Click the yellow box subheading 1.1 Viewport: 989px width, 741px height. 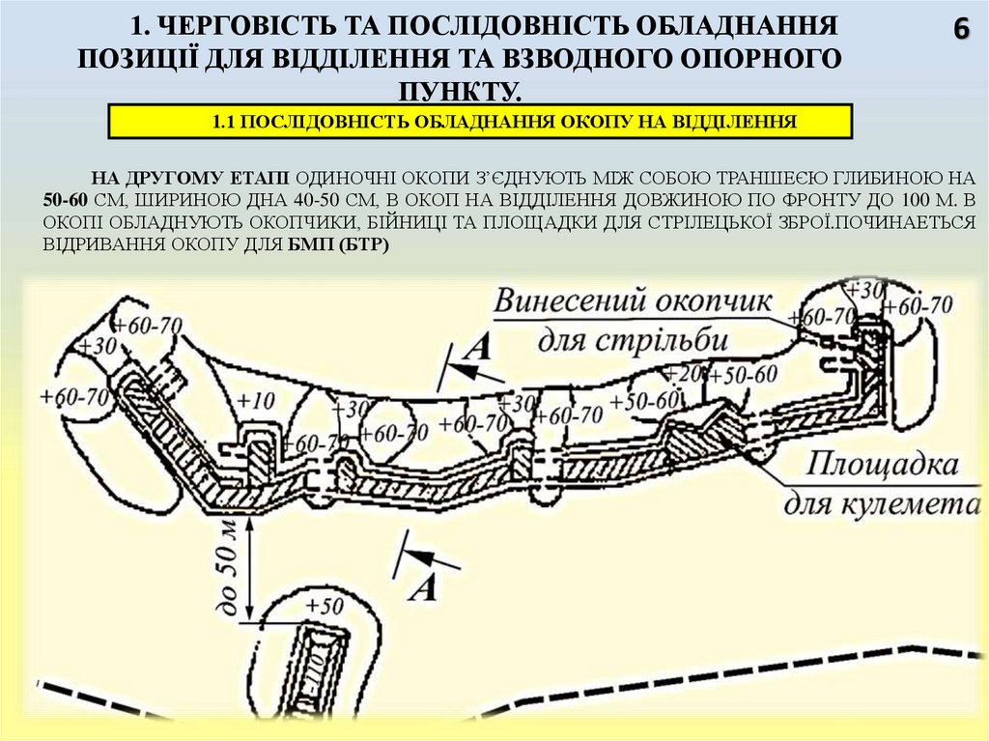480,122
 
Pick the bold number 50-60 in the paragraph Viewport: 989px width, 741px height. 67,201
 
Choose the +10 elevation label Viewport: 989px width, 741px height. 255,400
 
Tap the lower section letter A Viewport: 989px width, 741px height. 422,586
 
